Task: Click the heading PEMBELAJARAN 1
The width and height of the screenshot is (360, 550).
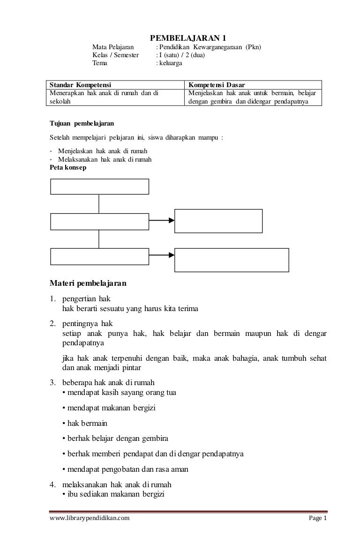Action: point(190,38)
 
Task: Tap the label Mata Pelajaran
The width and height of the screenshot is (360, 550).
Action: point(112,47)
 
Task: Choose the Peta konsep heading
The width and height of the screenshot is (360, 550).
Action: point(68,167)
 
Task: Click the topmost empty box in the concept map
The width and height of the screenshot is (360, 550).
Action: point(99,186)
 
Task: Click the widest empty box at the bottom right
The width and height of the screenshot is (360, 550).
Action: point(232,260)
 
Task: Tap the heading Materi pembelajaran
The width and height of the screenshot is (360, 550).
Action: point(88,283)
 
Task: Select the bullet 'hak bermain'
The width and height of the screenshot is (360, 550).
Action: point(84,423)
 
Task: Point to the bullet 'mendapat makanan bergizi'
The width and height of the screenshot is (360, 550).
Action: point(109,408)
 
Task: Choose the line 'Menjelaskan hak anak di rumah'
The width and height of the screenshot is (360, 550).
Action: point(103,151)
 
